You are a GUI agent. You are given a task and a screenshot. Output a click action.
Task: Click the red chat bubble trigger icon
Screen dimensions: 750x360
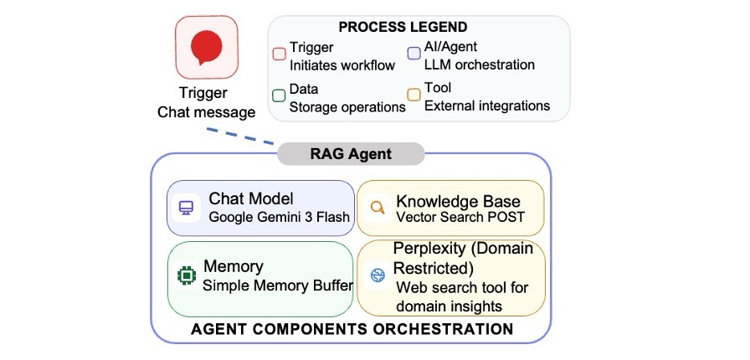206,47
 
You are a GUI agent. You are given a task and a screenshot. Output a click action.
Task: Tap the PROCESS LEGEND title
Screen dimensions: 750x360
403,27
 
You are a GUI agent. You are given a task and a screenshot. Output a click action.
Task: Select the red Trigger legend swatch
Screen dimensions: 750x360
279,54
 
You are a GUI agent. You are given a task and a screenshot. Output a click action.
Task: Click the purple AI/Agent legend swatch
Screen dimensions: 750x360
414,53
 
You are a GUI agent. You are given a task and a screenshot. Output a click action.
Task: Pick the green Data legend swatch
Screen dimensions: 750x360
279,95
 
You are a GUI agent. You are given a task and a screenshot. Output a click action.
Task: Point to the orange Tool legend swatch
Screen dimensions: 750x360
414,95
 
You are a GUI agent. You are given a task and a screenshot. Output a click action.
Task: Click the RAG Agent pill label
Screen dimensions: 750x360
351,154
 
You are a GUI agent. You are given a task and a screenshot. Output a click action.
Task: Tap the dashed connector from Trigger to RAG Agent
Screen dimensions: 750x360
240,136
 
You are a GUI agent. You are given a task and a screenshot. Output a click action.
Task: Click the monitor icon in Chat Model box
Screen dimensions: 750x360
186,208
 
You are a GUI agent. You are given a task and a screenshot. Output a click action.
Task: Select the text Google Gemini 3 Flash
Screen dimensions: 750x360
280,217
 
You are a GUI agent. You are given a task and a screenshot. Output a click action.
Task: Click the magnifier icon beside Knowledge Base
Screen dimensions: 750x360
378,208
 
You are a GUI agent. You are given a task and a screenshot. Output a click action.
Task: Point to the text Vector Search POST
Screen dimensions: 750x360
460,217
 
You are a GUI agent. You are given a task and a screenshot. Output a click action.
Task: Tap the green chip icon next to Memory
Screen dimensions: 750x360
186,275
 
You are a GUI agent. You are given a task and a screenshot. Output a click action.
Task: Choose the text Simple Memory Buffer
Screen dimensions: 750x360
278,285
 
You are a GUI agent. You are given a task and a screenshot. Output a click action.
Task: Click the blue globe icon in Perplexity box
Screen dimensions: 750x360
378,275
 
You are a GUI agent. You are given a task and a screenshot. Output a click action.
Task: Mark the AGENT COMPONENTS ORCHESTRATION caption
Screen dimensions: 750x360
352,329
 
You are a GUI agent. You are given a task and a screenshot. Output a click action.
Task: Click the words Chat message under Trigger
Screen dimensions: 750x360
206,112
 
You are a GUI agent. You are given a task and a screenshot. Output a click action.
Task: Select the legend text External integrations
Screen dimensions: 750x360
487,105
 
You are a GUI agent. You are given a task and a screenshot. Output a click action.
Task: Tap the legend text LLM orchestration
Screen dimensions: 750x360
480,64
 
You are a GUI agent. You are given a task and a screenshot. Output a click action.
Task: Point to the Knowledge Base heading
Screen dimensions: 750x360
458,201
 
